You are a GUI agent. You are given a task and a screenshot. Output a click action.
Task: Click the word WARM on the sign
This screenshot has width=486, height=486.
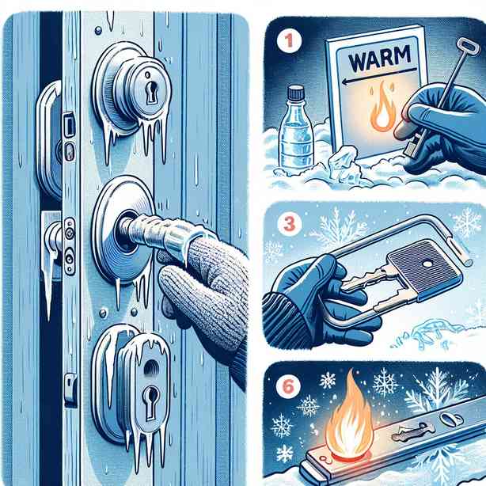click(380, 58)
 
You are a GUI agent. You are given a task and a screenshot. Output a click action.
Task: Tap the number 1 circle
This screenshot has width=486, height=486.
click(289, 40)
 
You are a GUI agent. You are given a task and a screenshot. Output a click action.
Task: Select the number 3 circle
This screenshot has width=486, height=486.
click(290, 223)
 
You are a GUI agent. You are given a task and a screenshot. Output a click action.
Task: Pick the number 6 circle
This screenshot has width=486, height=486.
click(288, 386)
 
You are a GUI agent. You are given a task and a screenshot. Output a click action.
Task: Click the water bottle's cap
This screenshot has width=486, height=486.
click(295, 93)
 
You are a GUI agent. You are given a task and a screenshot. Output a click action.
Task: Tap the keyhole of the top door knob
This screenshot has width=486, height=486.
click(151, 93)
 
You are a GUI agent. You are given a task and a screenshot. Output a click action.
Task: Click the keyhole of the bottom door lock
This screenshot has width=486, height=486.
click(150, 399)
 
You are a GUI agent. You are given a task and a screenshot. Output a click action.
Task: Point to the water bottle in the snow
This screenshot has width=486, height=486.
click(295, 129)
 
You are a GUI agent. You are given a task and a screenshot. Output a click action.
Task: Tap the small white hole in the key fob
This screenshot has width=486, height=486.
click(427, 264)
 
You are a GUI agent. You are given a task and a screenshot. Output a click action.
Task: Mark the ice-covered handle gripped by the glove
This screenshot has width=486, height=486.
click(158, 236)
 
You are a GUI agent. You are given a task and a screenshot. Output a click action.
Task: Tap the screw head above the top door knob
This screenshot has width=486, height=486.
click(98, 30)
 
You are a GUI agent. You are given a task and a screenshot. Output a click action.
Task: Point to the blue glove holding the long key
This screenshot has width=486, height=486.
click(446, 127)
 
